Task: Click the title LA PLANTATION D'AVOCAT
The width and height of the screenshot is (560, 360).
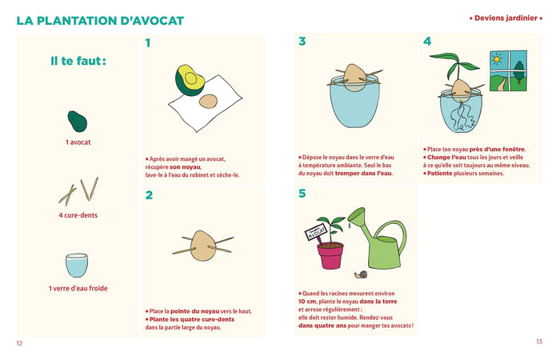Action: [100, 21]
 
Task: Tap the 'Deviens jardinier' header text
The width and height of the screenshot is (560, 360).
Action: [506, 18]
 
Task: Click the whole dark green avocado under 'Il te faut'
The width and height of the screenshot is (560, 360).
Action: [77, 121]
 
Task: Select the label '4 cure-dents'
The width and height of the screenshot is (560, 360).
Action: [78, 215]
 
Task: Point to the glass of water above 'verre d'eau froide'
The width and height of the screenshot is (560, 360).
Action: [77, 266]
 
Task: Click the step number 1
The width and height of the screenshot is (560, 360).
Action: [148, 43]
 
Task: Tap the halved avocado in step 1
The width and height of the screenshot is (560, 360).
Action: [190, 80]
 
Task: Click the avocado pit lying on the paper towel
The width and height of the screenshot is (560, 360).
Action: [208, 101]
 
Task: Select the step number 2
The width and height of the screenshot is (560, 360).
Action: [149, 195]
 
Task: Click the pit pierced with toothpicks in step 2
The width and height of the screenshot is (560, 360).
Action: [203, 246]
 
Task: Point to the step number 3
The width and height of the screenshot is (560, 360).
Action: [302, 42]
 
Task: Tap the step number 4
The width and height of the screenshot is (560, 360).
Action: [427, 42]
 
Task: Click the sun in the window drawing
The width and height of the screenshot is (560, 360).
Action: [497, 59]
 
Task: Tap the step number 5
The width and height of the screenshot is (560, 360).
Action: [302, 194]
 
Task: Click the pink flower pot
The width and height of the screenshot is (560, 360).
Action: [330, 256]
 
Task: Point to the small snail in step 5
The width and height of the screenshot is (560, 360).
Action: [361, 274]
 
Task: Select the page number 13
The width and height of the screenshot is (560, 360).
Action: [539, 342]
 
